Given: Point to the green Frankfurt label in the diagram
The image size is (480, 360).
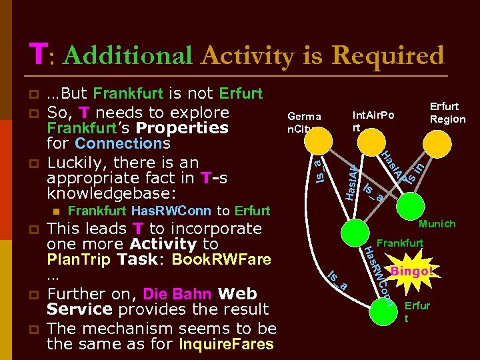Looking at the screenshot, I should point(400,243).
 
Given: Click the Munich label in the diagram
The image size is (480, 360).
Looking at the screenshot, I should point(437,224).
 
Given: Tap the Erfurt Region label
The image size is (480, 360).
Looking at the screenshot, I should point(447,113).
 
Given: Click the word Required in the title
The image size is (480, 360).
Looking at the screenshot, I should point(388,56).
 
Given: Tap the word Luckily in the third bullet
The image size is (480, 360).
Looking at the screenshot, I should point(76,162).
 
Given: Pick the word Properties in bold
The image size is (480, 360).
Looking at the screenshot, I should point(183,127).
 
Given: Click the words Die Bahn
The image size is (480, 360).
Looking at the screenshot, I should point(173,294).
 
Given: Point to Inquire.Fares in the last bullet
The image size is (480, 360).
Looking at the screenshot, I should point(227,344).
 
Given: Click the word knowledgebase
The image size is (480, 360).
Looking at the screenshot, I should point(107,193).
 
